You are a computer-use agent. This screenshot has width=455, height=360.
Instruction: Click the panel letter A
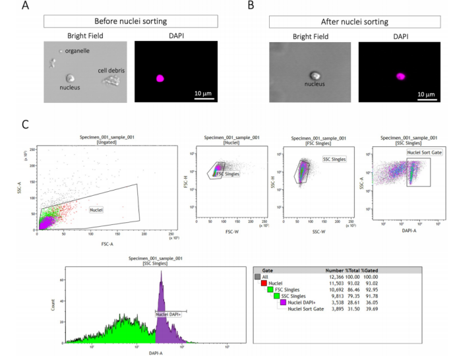[x=26, y=6]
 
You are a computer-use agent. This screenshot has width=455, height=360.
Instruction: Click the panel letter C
[x=26, y=123]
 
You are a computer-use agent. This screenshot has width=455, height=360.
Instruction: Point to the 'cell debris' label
[x=111, y=70]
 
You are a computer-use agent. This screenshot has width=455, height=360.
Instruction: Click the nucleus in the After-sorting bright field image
[x=316, y=76]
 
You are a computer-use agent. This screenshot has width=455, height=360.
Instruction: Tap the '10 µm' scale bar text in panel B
[x=425, y=94]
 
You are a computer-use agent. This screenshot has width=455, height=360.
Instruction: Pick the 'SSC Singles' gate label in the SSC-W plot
[x=335, y=158]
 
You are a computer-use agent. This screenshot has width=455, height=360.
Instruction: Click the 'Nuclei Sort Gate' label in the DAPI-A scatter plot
[x=423, y=152]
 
